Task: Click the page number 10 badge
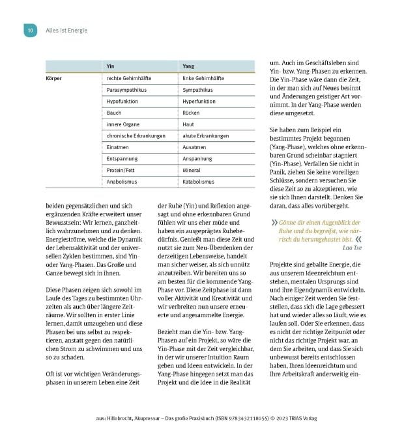[x=30, y=31]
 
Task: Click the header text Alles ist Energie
[x=66, y=31]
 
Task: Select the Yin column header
[x=111, y=66]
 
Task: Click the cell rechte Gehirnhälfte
[x=131, y=78]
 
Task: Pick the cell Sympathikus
[x=183, y=89]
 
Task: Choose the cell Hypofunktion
[x=124, y=101]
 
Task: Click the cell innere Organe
[x=123, y=124]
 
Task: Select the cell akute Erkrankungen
[x=188, y=135]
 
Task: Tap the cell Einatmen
[x=119, y=147]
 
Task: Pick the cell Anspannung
[x=181, y=158]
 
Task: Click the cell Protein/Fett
[x=122, y=170]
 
